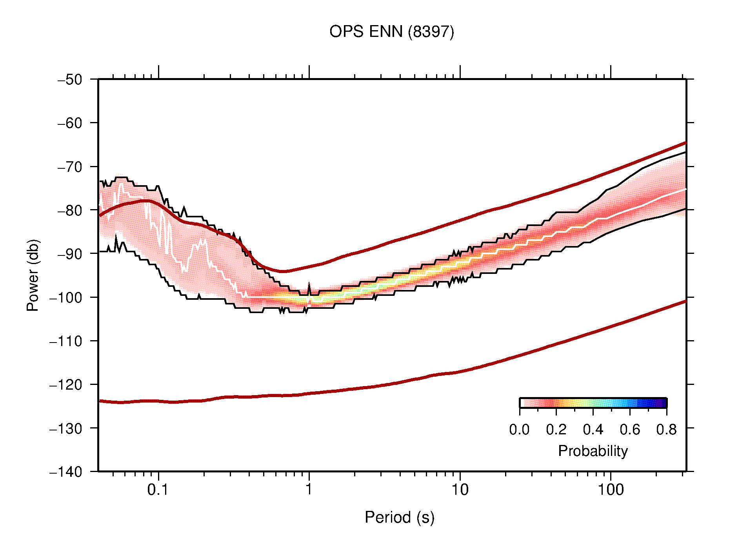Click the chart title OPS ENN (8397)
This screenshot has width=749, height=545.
(x=391, y=32)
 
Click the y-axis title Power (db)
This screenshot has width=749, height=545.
(x=33, y=275)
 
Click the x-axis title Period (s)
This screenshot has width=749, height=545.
(x=399, y=517)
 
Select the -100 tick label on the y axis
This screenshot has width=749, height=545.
(x=66, y=297)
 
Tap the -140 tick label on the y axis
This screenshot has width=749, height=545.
(x=66, y=472)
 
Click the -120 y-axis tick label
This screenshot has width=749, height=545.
(x=66, y=385)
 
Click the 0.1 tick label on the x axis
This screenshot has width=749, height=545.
(x=158, y=490)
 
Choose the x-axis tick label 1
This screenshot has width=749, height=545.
(x=309, y=490)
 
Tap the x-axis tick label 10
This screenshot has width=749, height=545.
(x=460, y=490)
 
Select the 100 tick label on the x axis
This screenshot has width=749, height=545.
(x=611, y=490)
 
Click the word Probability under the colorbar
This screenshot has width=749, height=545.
(x=593, y=451)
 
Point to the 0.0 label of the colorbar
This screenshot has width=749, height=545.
(x=519, y=430)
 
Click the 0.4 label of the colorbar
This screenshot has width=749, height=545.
(x=593, y=430)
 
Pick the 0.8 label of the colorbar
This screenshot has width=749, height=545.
(x=666, y=430)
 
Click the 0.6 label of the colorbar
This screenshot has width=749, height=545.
(x=630, y=430)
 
